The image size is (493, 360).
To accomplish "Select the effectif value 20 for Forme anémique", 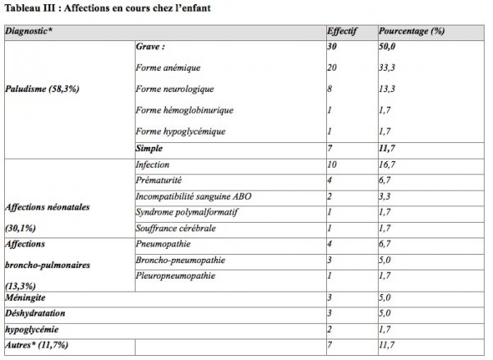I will [x=333, y=67].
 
